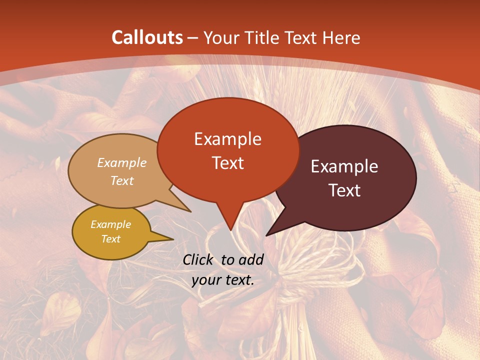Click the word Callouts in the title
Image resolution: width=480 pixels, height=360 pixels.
(x=147, y=37)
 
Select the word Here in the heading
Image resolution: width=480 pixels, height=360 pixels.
(x=339, y=37)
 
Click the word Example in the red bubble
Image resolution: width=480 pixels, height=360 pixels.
(x=227, y=139)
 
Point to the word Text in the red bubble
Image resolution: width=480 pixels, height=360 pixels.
(x=227, y=163)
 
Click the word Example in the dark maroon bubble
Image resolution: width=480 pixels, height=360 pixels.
(x=344, y=166)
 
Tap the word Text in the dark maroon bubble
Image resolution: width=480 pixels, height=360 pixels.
(x=344, y=190)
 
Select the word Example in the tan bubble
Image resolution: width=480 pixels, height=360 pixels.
(x=121, y=162)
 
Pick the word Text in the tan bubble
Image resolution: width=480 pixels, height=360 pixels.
(x=121, y=180)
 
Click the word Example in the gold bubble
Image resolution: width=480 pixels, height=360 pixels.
(x=110, y=224)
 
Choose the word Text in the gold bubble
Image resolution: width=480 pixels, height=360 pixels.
(x=110, y=239)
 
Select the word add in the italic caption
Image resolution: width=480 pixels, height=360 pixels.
(x=251, y=259)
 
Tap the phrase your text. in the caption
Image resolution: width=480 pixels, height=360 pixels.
(x=223, y=280)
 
